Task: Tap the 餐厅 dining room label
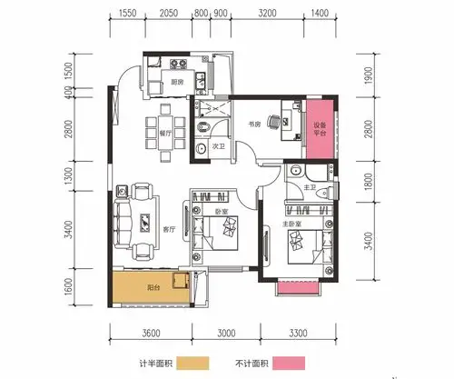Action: (141, 131)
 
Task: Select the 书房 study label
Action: (255, 124)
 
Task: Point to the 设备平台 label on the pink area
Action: (321, 130)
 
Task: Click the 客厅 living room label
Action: (168, 229)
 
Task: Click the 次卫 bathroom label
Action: (219, 145)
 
